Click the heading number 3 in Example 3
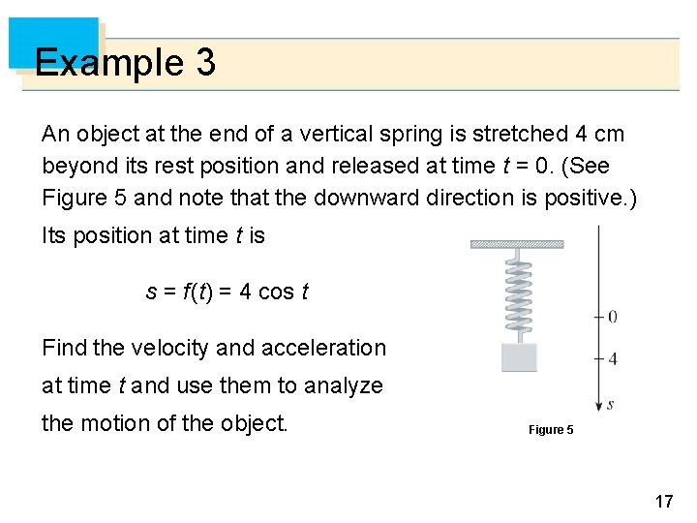[x=204, y=64]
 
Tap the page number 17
[x=663, y=501]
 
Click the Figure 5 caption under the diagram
[x=551, y=429]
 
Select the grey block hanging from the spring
[x=519, y=356]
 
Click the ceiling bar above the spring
[x=517, y=244]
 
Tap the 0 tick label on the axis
[x=612, y=317]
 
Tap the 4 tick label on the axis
[x=612, y=358]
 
